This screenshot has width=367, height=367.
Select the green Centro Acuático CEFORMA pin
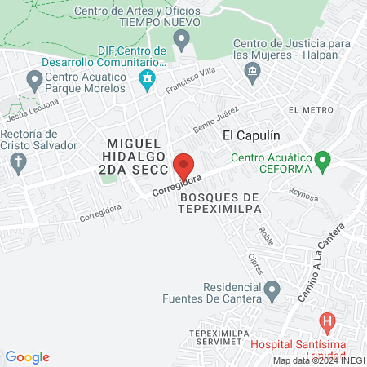[323, 158]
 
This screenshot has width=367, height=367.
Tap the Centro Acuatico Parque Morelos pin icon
[34, 80]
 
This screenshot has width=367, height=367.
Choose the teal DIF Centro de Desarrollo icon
[148, 79]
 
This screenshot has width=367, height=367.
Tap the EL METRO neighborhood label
[311, 109]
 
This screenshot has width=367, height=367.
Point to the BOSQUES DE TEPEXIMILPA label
[220, 203]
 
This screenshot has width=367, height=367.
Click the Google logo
[27, 356]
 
